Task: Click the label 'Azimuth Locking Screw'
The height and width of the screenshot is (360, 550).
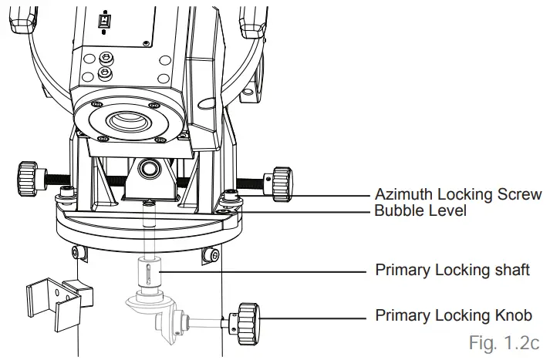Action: tap(458, 194)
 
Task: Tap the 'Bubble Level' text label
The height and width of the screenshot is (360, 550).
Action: tap(420, 210)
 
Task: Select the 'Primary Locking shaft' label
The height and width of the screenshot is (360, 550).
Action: tap(452, 270)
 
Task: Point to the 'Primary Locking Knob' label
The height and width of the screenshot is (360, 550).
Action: tap(453, 315)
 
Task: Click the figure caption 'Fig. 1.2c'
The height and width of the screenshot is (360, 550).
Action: tap(504, 341)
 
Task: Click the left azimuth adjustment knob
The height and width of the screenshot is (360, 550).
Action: tap(28, 178)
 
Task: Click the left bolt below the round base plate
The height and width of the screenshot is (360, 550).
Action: tap(76, 252)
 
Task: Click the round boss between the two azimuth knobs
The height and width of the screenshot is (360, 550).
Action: tap(147, 168)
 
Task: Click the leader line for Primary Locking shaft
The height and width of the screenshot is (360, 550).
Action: tap(262, 271)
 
